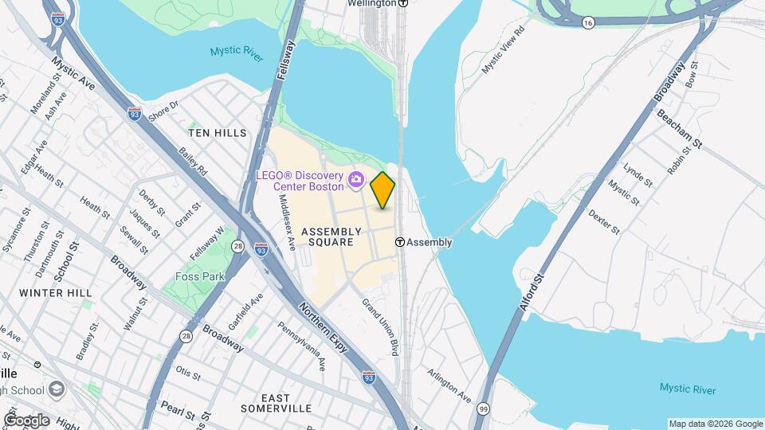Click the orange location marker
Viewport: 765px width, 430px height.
tap(382, 190)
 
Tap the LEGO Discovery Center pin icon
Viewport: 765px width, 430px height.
tap(356, 181)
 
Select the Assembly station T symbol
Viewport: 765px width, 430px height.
tap(401, 242)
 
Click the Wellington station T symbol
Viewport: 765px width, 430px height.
tap(403, 3)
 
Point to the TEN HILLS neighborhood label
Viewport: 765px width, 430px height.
tap(218, 133)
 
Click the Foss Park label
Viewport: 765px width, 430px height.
tap(200, 277)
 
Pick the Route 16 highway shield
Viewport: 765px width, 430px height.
tap(587, 24)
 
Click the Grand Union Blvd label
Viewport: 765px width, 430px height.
tap(380, 326)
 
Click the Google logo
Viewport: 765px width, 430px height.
tap(26, 420)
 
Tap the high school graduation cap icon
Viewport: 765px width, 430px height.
tap(57, 389)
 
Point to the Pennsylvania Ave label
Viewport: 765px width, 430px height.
tap(301, 346)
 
